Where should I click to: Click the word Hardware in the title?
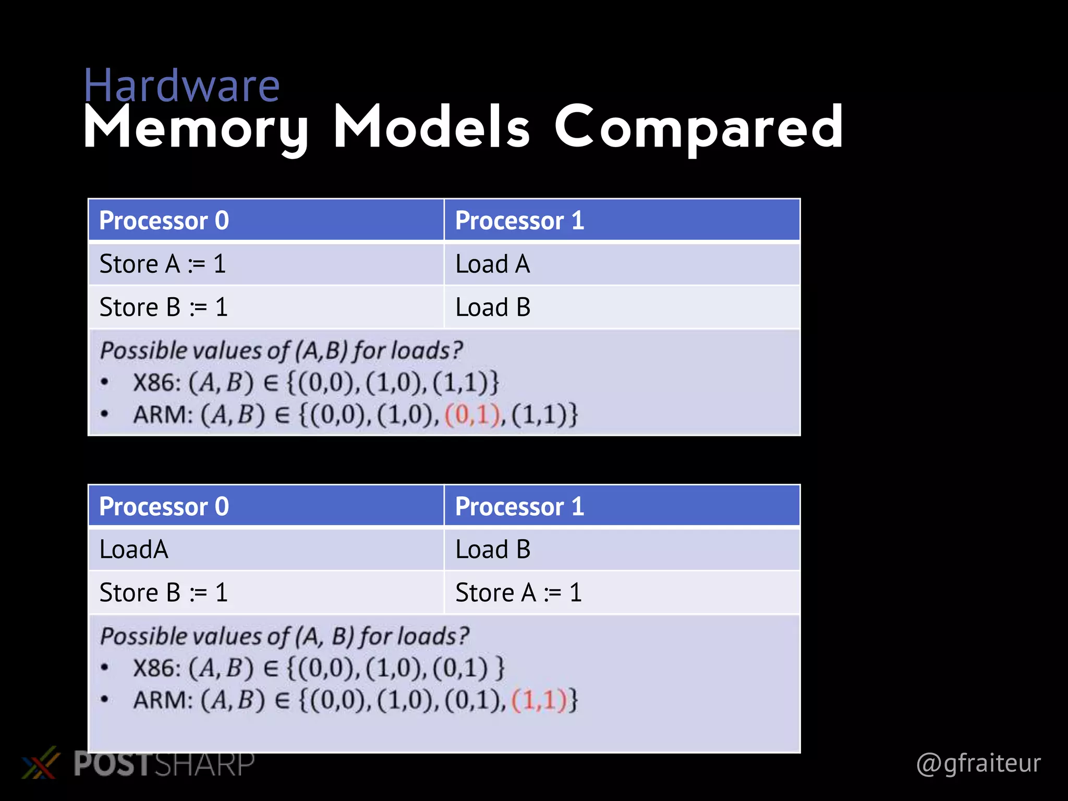pos(181,86)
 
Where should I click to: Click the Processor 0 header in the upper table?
pos(164,221)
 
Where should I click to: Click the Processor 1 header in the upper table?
pos(519,221)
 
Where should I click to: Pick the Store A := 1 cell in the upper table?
pos(163,264)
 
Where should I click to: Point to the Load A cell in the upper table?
pos(493,264)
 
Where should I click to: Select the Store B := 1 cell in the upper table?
pos(164,307)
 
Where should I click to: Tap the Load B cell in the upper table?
pos(493,307)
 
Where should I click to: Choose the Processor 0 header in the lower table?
pos(164,506)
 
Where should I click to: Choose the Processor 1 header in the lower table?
pos(519,506)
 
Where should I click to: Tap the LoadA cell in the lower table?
pos(134,550)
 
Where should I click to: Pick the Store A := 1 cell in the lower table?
pos(518,593)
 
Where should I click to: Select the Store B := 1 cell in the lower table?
pos(164,593)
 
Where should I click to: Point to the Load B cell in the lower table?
pos(493,550)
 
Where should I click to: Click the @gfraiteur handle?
pos(978,763)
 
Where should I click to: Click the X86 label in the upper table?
pos(156,383)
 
